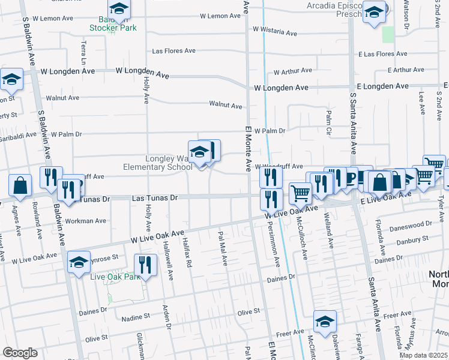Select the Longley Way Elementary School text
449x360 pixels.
click(x=157, y=163)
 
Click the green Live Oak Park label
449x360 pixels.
click(x=115, y=277)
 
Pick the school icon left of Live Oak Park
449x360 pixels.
click(x=79, y=262)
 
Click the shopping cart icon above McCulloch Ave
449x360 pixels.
click(x=300, y=193)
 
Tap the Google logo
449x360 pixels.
click(x=20, y=353)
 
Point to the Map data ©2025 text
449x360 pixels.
click(x=423, y=355)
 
